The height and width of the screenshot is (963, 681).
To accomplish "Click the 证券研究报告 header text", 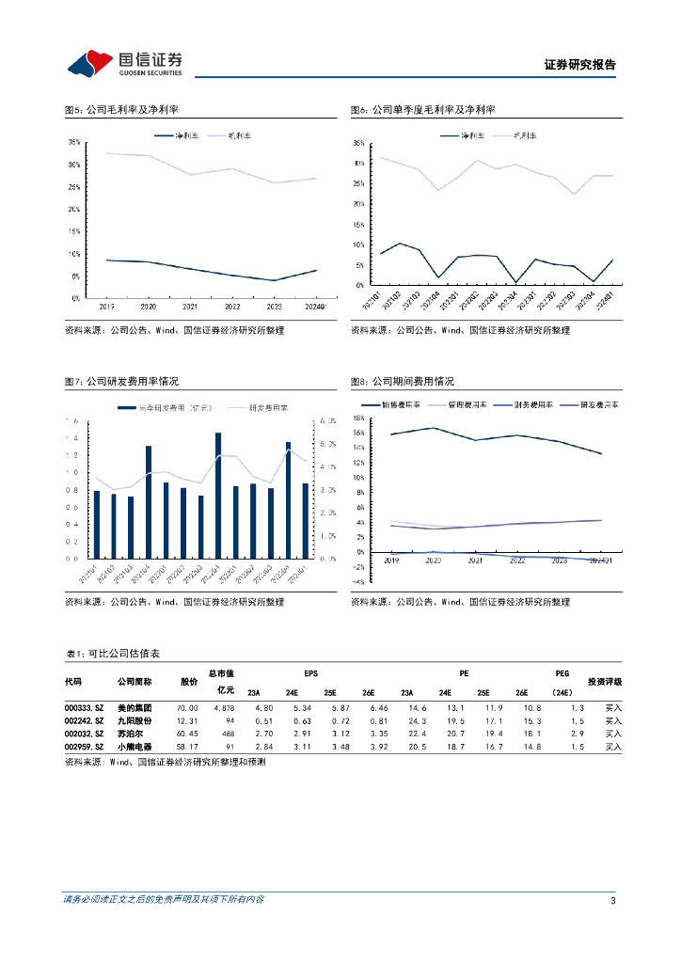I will pyautogui.click(x=580, y=65).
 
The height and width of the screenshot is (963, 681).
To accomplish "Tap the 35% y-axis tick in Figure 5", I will pyautogui.click(x=73, y=142).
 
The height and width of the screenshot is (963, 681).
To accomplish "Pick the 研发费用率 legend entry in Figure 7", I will pyautogui.click(x=270, y=408).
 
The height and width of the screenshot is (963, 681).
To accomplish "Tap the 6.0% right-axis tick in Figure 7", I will pyautogui.click(x=329, y=420).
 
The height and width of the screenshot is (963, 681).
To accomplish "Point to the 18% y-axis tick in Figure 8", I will pyautogui.click(x=357, y=418).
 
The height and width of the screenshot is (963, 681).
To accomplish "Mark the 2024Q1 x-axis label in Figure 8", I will pyautogui.click(x=599, y=561).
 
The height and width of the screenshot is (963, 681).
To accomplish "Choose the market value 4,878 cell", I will pyautogui.click(x=223, y=707).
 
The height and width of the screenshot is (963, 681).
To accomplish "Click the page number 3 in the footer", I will pyautogui.click(x=612, y=901).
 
